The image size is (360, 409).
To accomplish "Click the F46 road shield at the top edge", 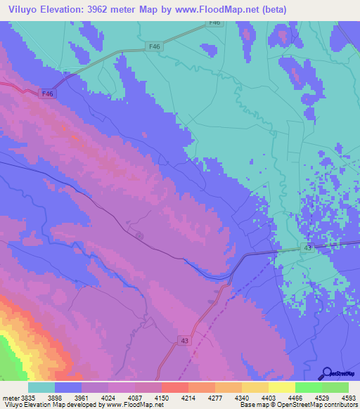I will pos(215,24).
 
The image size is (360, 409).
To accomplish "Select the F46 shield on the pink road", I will pos(47,93).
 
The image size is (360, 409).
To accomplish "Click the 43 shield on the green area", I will pos(308,248).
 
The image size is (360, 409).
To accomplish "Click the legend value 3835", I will pos(26,398).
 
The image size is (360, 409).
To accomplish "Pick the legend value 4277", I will pos(214,398).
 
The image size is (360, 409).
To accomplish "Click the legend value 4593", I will pos(348,398).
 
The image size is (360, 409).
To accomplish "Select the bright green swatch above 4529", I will pos(308,387).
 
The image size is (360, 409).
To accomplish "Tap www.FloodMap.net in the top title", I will pos(235,9).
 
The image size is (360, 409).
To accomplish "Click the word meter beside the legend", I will pos(9,398).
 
